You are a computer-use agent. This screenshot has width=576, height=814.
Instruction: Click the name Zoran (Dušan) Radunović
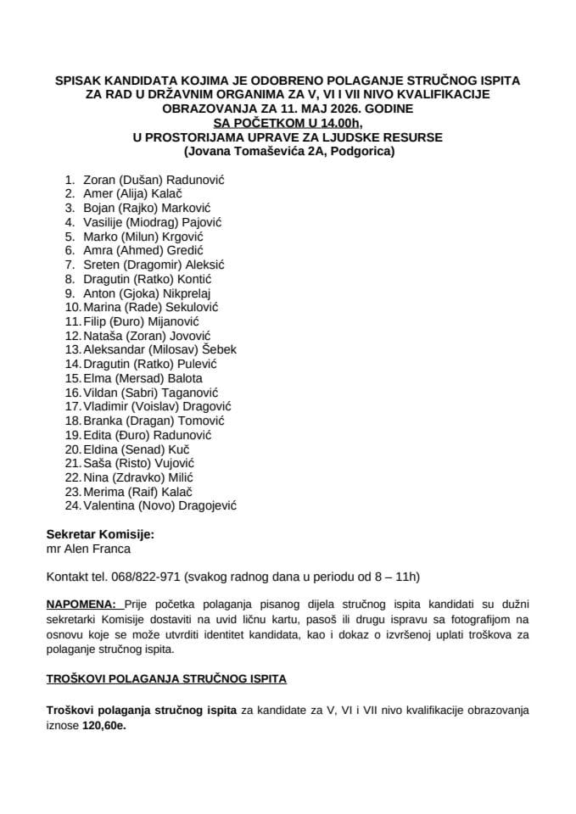tap(159, 181)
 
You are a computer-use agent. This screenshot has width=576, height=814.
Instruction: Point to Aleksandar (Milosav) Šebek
tap(160, 350)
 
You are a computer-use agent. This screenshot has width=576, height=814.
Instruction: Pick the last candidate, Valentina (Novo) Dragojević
tap(160, 505)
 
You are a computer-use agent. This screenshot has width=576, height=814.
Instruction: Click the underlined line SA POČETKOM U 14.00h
tap(288, 124)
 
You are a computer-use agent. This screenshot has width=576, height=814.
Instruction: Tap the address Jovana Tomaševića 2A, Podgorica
tap(288, 153)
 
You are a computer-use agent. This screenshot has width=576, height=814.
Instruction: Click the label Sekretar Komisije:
tap(101, 535)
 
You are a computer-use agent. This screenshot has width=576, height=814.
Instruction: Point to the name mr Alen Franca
tap(86, 549)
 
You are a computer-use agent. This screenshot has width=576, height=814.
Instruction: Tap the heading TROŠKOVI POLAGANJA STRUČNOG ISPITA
tap(166, 679)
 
